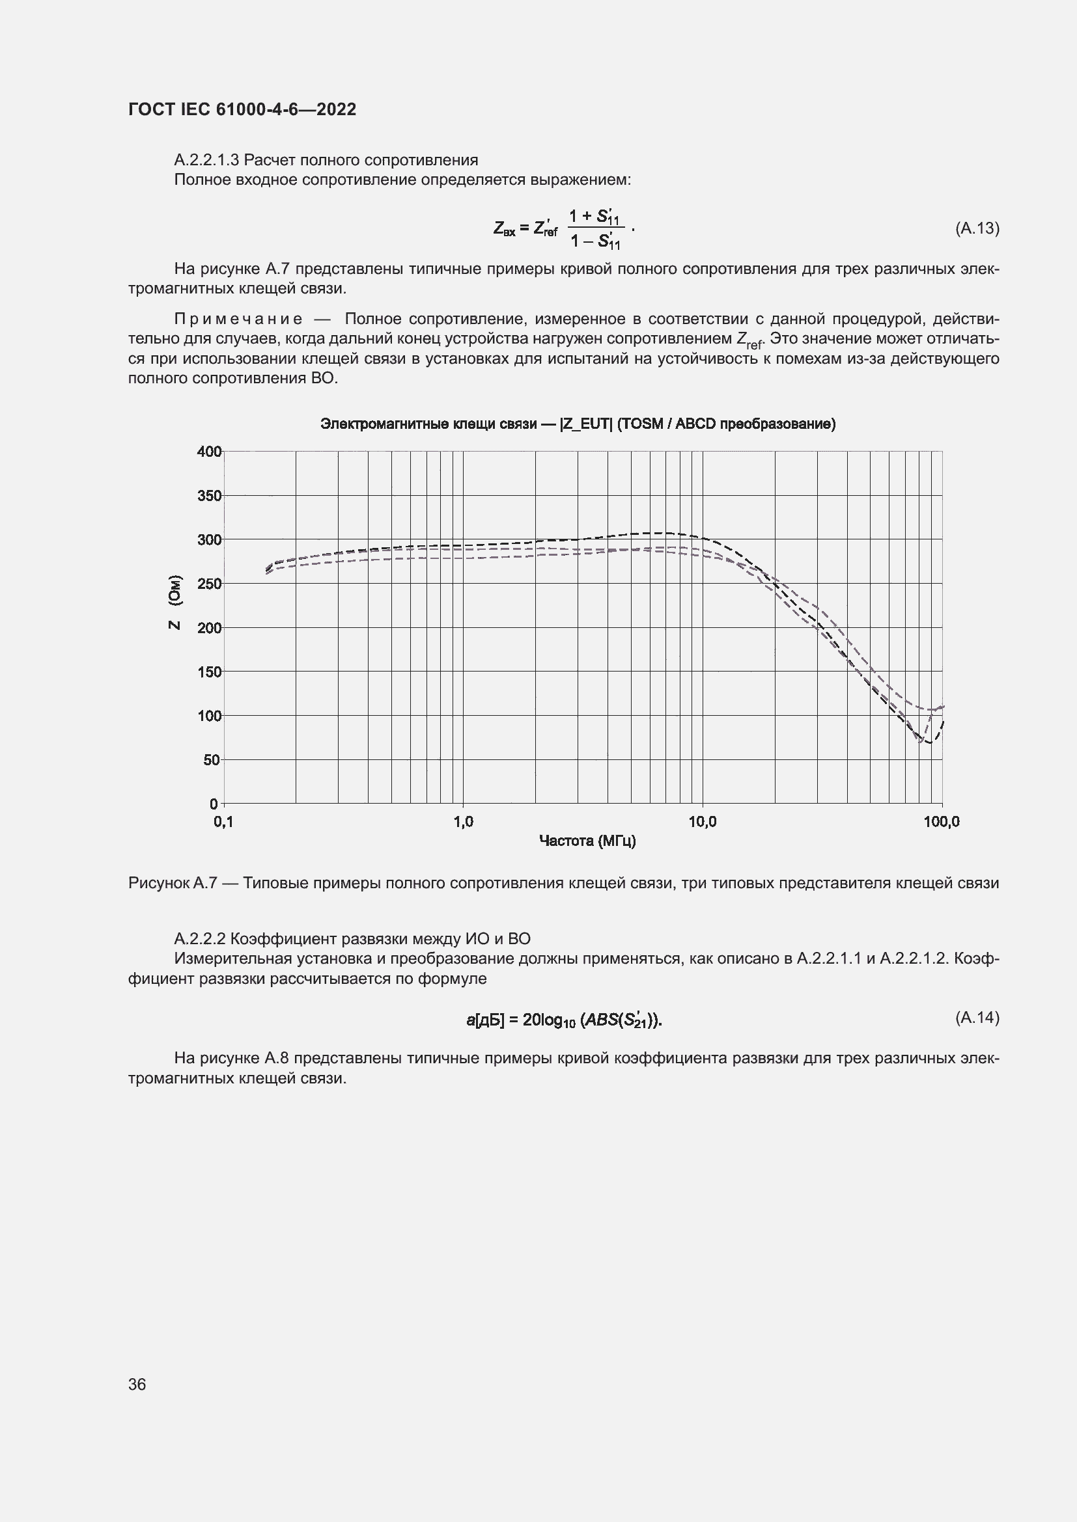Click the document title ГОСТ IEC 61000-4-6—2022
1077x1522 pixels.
click(242, 109)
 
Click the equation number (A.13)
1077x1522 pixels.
click(977, 228)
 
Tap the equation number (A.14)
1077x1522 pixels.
click(977, 1018)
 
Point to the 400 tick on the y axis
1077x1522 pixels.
click(210, 452)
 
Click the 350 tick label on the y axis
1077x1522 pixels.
click(210, 496)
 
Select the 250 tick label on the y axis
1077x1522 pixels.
click(210, 584)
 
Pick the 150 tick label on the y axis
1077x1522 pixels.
click(210, 672)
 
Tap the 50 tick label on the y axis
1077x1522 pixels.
click(212, 759)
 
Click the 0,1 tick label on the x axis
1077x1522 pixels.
click(223, 822)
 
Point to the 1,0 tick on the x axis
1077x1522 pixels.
click(463, 822)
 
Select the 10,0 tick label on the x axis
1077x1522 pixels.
click(703, 822)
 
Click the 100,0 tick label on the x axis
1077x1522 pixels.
click(941, 822)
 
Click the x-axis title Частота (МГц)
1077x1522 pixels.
click(587, 841)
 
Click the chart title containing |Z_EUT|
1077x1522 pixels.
click(578, 424)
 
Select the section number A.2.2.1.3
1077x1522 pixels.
click(207, 161)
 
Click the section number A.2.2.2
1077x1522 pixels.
click(200, 939)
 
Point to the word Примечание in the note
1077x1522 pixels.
click(238, 319)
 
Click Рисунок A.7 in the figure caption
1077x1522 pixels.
click(173, 883)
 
